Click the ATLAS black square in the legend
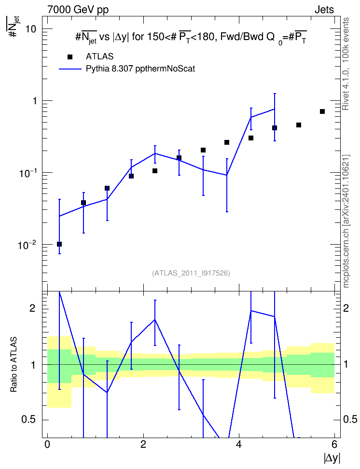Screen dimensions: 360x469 click(69, 57)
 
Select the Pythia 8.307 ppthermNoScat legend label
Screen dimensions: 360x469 click(140, 69)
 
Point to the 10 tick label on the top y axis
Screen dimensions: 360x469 click(31, 29)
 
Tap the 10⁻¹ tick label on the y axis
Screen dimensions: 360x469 click(27, 173)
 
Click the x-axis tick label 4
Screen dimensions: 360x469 click(239, 444)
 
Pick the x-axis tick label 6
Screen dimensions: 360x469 click(334, 444)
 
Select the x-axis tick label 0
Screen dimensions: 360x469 click(47, 444)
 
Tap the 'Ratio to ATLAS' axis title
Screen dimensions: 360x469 click(14, 364)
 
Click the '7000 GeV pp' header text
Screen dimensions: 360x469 click(78, 10)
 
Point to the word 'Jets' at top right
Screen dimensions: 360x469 click(324, 10)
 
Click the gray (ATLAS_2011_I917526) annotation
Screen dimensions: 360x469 click(191, 273)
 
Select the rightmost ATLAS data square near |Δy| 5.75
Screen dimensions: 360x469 click(322, 111)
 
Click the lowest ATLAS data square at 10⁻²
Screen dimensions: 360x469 click(59, 244)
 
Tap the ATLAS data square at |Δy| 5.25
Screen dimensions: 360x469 click(299, 124)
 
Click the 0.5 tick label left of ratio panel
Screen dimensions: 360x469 click(29, 420)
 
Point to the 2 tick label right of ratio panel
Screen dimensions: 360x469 click(346, 308)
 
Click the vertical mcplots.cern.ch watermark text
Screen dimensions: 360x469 click(346, 221)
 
